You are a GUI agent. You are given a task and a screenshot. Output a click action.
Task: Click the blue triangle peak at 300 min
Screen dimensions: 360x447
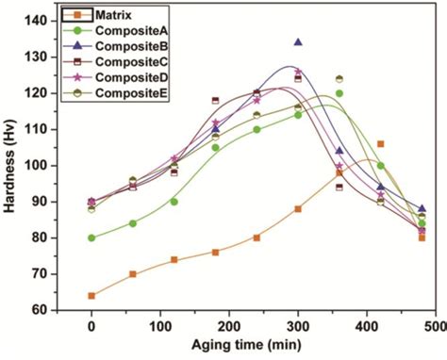[x=298, y=42]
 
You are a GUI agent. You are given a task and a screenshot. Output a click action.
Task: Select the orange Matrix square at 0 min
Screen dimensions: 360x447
[x=91, y=295]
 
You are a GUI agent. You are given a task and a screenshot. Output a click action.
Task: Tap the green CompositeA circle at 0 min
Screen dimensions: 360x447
[x=91, y=237]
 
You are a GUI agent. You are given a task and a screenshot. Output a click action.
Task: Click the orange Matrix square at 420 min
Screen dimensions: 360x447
[x=380, y=144]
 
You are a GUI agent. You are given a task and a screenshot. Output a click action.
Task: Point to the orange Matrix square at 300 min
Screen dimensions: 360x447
[x=298, y=209]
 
